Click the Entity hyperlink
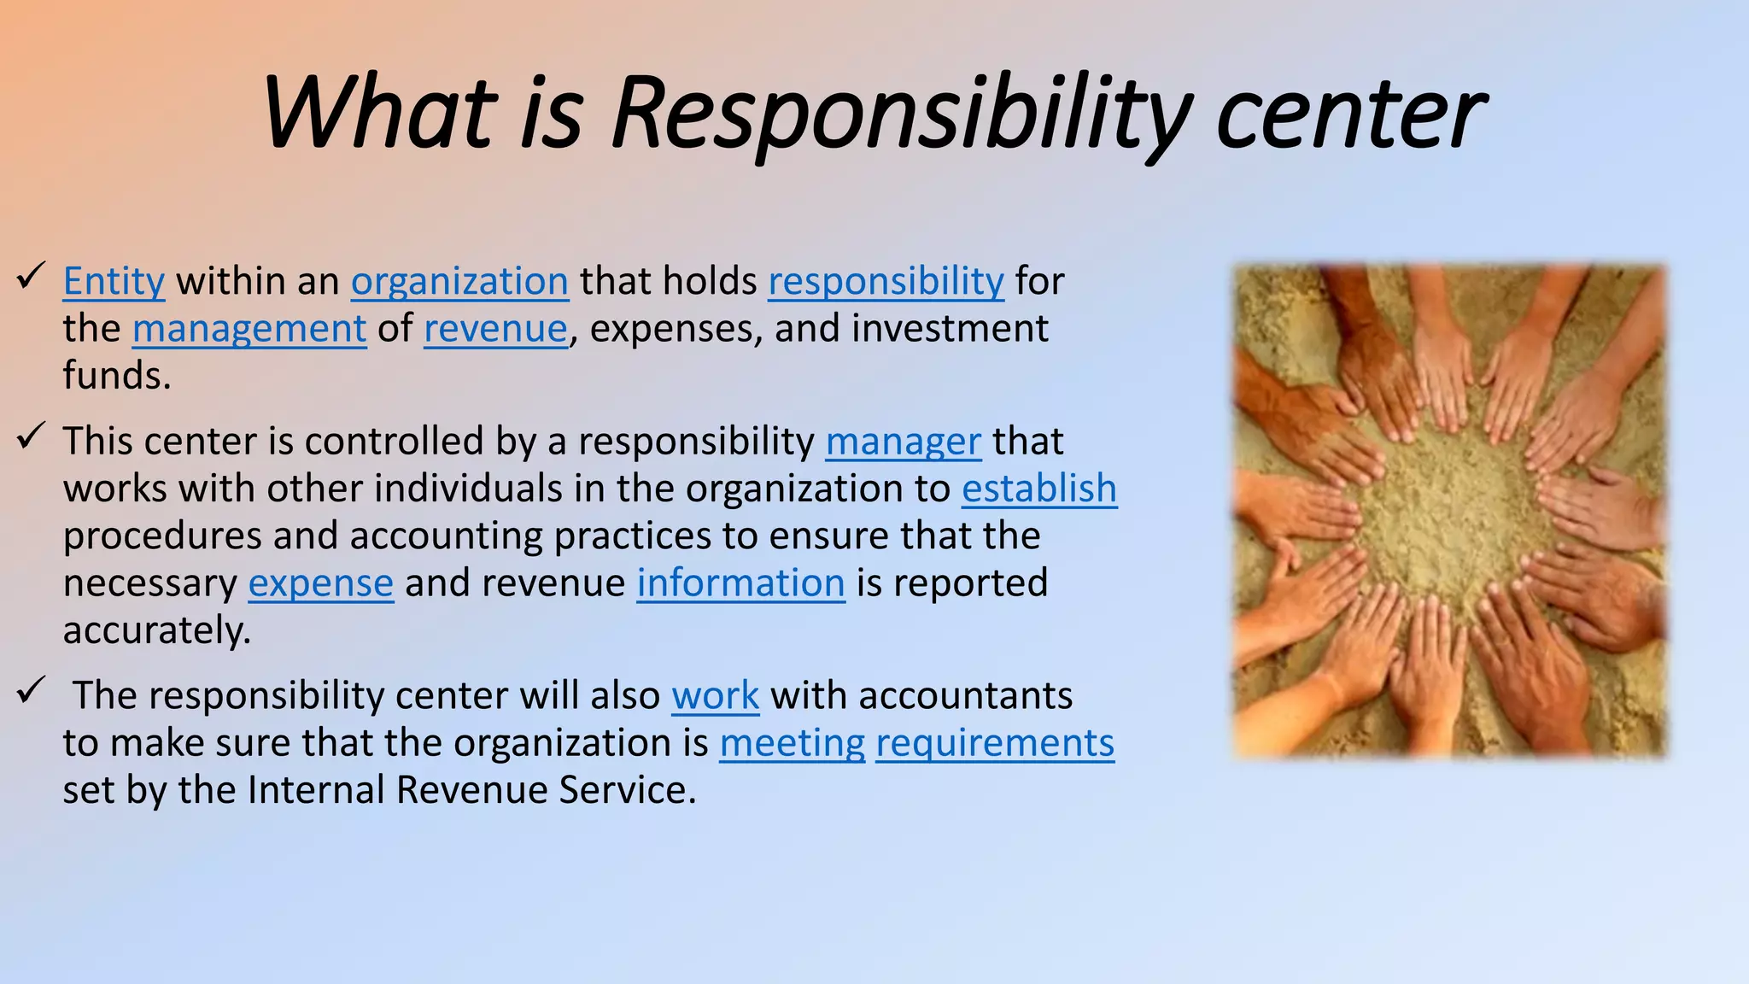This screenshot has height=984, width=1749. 114,281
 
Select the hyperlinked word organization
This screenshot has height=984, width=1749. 459,281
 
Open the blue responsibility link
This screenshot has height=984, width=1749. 886,281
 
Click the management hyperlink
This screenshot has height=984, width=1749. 249,329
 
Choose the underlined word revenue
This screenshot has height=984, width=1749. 495,329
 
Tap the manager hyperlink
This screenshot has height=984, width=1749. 903,442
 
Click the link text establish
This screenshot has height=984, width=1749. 1039,489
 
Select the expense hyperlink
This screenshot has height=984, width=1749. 320,583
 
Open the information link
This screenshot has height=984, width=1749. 740,583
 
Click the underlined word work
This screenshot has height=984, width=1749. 715,695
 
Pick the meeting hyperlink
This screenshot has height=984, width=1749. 792,743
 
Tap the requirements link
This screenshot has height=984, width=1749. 995,743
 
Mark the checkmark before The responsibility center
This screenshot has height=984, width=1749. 31,689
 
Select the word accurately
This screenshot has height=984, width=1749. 156,630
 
